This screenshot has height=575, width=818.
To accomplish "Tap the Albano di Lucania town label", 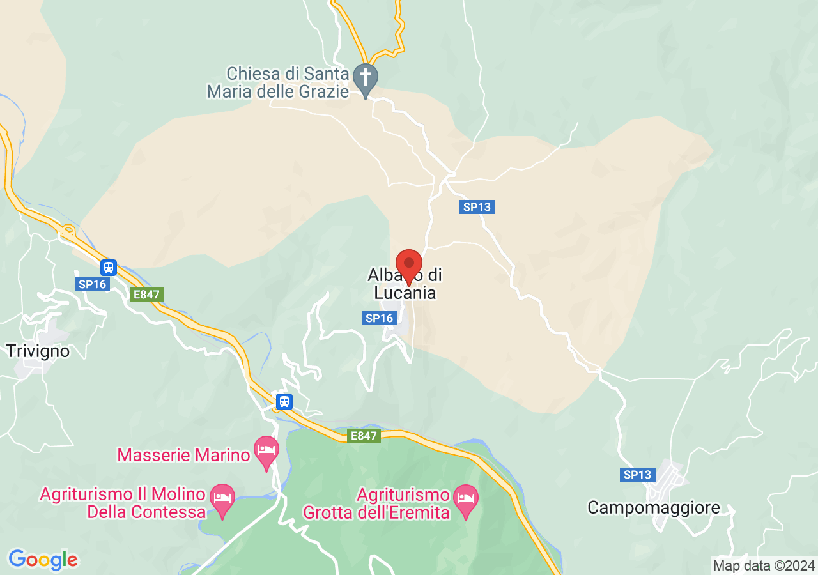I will click(404, 285).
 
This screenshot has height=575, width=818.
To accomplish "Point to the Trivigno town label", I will click(38, 351).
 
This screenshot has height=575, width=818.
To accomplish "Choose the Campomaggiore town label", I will click(653, 508).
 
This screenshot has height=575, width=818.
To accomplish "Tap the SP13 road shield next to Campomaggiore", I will click(637, 475).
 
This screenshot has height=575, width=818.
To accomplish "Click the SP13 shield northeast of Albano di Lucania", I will click(477, 207).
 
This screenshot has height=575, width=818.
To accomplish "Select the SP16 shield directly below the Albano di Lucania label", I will click(379, 318).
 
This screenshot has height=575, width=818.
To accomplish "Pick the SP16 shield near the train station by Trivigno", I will click(92, 284).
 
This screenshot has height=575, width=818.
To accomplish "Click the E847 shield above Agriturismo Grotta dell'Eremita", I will click(364, 436).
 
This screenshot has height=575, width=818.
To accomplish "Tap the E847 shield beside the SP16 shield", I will click(146, 295).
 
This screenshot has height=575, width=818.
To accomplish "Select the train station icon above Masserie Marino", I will click(284, 401).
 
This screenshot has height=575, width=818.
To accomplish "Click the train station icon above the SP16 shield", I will click(109, 267).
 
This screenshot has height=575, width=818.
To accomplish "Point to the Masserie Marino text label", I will click(183, 455).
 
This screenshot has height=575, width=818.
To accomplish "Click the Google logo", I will click(43, 560).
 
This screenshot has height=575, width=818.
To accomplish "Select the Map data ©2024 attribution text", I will click(764, 565).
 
